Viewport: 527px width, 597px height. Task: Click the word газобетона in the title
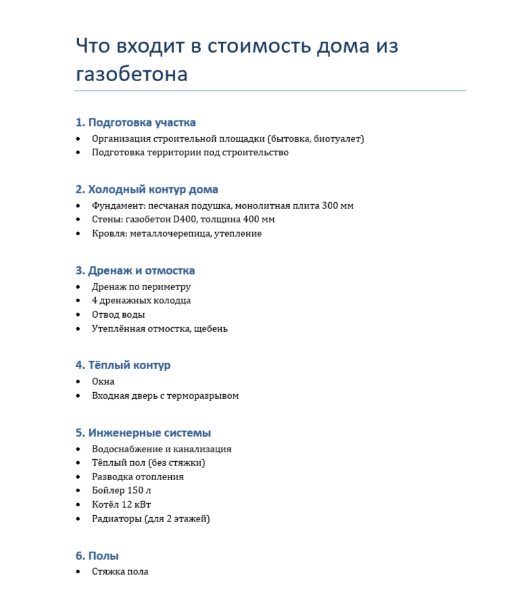131,74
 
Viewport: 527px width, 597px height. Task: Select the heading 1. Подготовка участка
135,122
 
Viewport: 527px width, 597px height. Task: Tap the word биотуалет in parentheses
338,139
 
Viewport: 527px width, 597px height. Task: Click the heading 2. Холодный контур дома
146,189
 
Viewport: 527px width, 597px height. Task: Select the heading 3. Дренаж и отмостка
135,270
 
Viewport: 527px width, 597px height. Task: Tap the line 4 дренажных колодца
141,300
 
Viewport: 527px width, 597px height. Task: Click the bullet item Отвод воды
118,314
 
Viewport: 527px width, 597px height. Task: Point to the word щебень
210,329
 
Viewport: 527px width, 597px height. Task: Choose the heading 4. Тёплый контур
122,365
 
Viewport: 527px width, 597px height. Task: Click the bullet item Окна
104,381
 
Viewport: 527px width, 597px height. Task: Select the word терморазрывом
203,396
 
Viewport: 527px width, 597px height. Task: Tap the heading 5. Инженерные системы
143,433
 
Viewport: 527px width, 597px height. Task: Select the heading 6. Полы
97,556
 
